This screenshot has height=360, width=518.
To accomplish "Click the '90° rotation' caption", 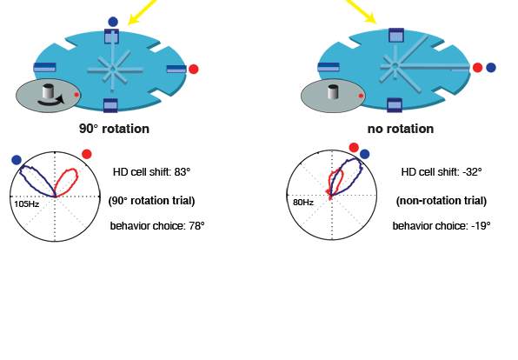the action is [x=114, y=129].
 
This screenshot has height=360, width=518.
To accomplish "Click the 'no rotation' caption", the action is [x=401, y=129].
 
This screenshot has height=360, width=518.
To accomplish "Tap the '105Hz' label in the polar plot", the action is [x=27, y=204].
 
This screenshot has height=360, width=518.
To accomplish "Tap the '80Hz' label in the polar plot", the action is [x=303, y=202].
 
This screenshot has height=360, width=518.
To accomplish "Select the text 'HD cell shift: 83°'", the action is [x=151, y=172].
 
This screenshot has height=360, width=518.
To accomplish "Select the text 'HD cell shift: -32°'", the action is [x=442, y=172].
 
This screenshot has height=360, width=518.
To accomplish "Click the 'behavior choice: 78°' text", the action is [x=157, y=226].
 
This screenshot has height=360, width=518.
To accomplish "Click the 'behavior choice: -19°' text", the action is [x=442, y=226].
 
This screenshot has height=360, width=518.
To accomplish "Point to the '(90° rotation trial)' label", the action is [x=151, y=201].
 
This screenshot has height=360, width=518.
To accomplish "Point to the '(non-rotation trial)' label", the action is [x=442, y=201].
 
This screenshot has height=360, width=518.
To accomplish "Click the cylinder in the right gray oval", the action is [x=333, y=91].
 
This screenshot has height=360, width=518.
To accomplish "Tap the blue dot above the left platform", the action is [x=113, y=22].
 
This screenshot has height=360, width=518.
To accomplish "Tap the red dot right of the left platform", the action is [x=194, y=69].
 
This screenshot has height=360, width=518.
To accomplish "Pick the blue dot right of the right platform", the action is [x=491, y=68].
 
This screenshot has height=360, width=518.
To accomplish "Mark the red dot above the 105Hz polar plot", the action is [x=87, y=154].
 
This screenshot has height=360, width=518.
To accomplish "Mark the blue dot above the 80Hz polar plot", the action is [x=364, y=154].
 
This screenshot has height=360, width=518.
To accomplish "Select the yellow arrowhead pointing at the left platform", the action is [x=134, y=19].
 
